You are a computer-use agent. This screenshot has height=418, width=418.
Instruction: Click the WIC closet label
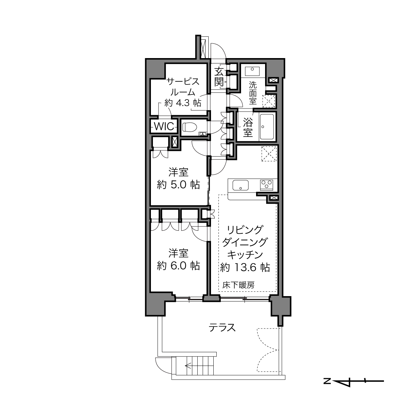(164, 126)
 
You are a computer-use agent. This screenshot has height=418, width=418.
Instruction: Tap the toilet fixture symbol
(190, 127)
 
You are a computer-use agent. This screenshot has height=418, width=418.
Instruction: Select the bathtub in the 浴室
(267, 127)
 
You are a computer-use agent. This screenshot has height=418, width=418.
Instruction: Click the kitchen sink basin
(241, 185)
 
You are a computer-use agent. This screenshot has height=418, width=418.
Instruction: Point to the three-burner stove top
(266, 185)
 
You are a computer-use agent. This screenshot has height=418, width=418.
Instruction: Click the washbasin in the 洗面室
(252, 71)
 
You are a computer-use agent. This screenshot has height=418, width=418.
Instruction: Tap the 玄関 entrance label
(219, 77)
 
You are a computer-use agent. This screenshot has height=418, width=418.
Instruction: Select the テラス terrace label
(222, 328)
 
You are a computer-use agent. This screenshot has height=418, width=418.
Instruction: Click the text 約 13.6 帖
(245, 267)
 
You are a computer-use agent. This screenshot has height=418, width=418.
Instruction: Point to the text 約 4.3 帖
(183, 103)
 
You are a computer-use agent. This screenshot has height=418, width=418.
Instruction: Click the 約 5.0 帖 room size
(178, 185)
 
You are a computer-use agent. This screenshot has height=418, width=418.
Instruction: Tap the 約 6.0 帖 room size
(178, 266)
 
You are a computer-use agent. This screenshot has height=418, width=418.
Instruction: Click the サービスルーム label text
(183, 87)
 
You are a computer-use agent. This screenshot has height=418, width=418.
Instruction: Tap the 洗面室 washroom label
(253, 92)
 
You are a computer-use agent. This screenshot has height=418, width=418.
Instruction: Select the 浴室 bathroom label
(248, 128)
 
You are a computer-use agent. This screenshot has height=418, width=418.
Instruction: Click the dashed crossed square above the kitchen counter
(269, 154)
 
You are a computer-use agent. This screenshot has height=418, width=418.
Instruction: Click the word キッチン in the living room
(245, 255)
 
